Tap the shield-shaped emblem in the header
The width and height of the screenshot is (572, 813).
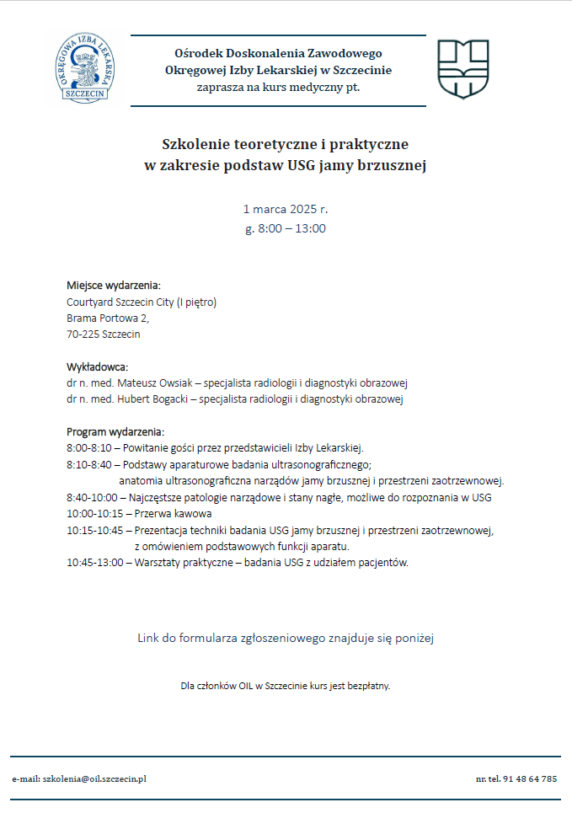point(462,68)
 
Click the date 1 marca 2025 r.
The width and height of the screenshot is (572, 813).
point(285,208)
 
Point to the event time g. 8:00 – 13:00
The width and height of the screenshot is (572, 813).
point(285,228)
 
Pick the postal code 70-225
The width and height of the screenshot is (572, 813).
point(81,334)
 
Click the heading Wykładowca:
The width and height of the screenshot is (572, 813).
point(97,367)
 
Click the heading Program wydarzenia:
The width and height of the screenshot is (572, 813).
point(115,431)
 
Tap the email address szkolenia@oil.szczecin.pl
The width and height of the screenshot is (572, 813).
point(94,779)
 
